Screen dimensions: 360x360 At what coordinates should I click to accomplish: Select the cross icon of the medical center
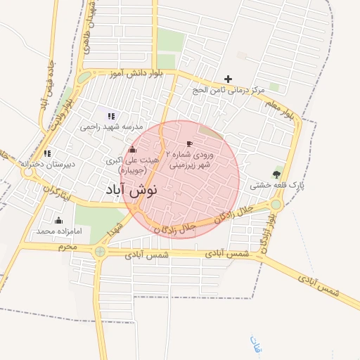tap(227, 79)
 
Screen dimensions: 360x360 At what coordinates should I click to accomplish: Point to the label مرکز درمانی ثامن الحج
tap(229, 91)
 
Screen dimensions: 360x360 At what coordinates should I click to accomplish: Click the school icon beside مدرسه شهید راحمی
tap(110, 115)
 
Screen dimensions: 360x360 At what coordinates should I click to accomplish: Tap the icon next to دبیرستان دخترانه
tap(47, 153)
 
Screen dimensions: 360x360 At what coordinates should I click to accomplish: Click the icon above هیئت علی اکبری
tap(132, 149)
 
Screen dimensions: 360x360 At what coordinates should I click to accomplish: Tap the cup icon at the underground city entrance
tap(189, 143)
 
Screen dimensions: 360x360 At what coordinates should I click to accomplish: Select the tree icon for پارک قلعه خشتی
tap(276, 174)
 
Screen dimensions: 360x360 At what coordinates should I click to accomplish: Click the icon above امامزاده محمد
tap(58, 220)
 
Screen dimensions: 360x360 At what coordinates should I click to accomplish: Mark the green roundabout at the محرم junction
tap(101, 251)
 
